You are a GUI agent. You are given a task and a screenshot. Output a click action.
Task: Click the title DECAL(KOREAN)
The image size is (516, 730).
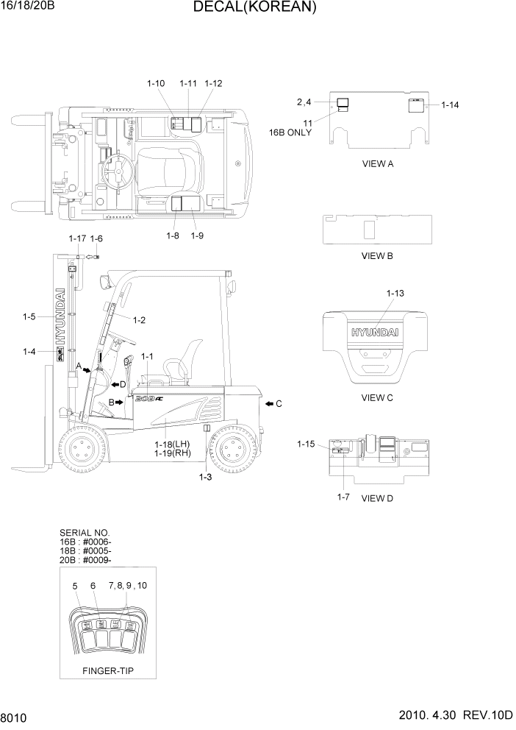255,8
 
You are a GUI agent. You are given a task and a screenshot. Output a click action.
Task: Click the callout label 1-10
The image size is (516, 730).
156,84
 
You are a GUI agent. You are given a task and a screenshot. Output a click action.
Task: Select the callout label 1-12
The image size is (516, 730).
213,84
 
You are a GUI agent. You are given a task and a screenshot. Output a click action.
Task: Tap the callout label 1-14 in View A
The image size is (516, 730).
450,105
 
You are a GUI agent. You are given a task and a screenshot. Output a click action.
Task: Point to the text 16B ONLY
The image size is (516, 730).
290,133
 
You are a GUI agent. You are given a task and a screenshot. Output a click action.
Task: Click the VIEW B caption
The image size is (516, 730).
377,256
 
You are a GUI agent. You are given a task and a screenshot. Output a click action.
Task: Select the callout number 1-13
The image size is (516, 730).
395,294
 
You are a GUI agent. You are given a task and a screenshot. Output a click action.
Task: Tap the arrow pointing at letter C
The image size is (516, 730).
268,403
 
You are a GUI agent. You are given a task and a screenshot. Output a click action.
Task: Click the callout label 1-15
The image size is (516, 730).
306,444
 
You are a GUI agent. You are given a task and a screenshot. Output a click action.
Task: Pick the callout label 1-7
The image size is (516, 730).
343,497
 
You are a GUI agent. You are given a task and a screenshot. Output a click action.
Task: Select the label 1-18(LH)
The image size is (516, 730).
173,444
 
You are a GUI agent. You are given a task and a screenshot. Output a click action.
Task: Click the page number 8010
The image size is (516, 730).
13,717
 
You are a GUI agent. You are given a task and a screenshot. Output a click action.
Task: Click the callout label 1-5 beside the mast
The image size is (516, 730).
29,317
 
